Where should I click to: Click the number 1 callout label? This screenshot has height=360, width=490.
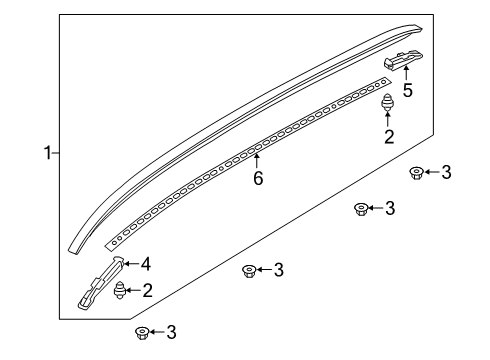point(47,153)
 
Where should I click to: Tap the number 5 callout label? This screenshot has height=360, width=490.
point(407,90)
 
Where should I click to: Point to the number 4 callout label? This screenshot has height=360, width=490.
point(145,265)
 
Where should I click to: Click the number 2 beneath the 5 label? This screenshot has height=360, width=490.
point(389,138)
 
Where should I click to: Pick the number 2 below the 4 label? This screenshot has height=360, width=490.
point(147,291)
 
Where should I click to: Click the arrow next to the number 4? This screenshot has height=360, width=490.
point(132,265)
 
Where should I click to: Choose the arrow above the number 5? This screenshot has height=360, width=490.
point(407,74)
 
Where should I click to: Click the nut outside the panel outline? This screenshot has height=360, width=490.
point(142,331)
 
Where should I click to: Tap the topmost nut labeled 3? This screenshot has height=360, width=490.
point(416,173)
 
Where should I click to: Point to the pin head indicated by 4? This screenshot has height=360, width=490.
point(119,263)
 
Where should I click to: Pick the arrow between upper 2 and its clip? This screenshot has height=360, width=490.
point(389,120)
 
